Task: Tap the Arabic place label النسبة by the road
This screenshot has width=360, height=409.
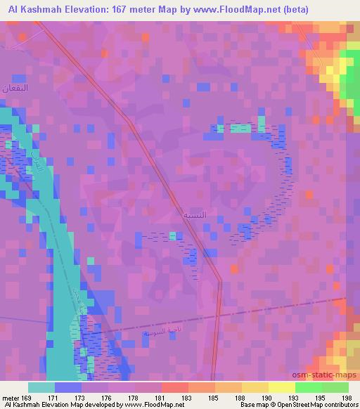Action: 194,213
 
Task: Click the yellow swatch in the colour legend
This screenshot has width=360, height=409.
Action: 281,387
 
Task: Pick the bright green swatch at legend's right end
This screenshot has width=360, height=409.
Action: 335,387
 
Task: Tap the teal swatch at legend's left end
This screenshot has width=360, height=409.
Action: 41,387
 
